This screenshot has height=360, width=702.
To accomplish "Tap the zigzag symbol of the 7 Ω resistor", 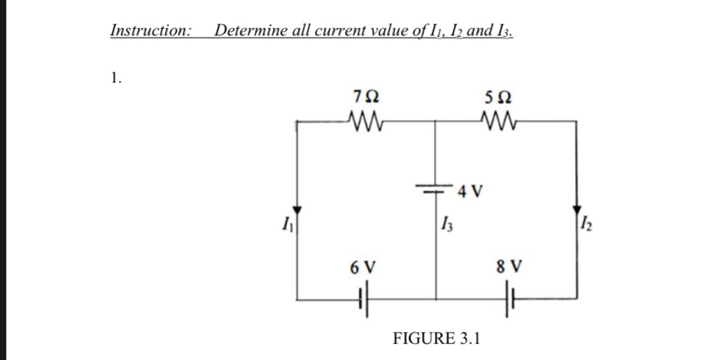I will coord(366,122).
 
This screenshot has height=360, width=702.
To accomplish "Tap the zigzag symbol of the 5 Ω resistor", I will coord(500,122).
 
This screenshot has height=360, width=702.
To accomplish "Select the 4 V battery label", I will coord(471,191).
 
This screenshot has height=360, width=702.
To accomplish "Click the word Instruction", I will coord(150,31).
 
